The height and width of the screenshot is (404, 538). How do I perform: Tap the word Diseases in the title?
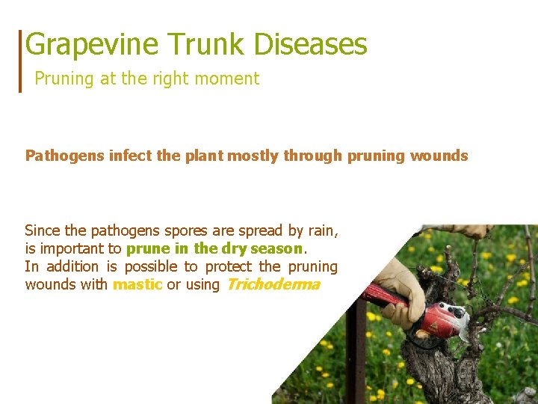pyautogui.click(x=311, y=45)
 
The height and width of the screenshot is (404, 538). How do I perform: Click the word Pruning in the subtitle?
pyautogui.click(x=64, y=79)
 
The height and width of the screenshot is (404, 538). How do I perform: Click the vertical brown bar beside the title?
pyautogui.click(x=21, y=61)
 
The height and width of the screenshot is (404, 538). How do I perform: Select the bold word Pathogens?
pyautogui.click(x=65, y=156)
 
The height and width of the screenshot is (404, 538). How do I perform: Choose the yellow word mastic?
pyautogui.click(x=137, y=284)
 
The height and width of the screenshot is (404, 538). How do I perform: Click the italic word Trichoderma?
pyautogui.click(x=272, y=284)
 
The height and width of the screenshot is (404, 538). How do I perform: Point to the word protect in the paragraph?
pyautogui.click(x=229, y=266)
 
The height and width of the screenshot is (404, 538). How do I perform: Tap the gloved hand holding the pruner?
pyautogui.click(x=400, y=288)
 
